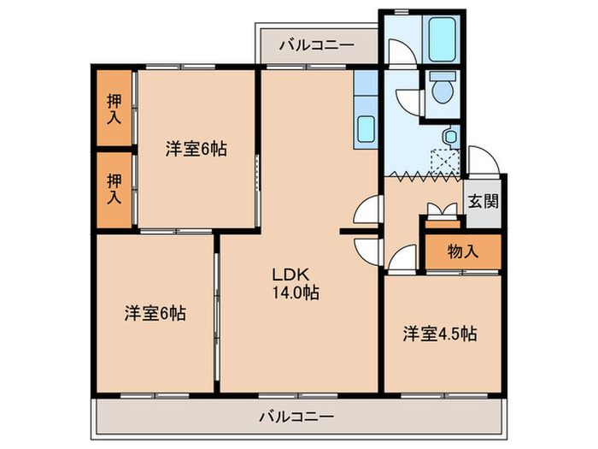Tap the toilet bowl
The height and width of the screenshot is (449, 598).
tap(443, 89)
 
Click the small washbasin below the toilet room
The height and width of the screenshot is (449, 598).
tap(448, 136)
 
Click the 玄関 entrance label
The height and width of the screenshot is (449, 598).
tap(484, 204)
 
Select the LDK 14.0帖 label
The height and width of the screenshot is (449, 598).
tap(296, 284)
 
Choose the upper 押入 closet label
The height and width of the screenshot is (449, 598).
tap(114, 108)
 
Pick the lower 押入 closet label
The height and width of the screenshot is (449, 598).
tap(114, 187)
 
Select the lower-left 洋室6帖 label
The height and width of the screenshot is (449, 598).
tap(155, 313)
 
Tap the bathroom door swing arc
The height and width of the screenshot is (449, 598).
tap(397, 52)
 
